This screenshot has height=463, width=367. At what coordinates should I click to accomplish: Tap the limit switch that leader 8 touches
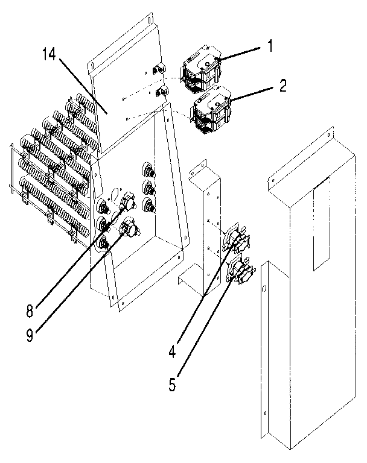[127, 200]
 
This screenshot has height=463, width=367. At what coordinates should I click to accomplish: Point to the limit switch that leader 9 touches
[129, 229]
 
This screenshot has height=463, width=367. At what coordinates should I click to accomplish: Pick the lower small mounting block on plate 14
[161, 92]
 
